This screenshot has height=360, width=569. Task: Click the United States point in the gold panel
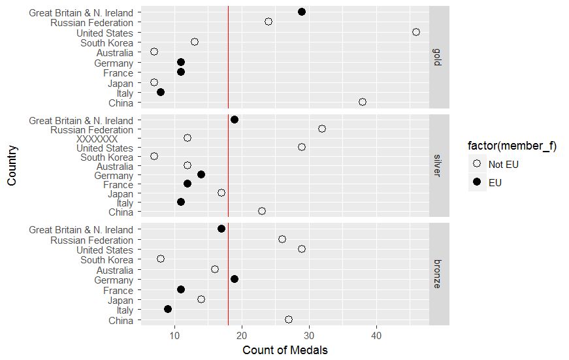click(x=416, y=32)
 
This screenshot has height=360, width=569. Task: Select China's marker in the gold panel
click(x=363, y=102)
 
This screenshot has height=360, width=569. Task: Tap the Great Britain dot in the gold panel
click(x=302, y=12)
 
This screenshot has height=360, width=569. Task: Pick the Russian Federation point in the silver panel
click(x=322, y=129)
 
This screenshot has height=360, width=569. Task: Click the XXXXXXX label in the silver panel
click(x=97, y=139)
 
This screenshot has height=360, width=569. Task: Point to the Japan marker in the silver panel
click(x=221, y=193)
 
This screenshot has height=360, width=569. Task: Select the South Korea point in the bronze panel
click(x=161, y=259)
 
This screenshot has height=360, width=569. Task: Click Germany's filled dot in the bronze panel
click(x=235, y=279)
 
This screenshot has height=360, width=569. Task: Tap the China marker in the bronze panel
click(x=289, y=319)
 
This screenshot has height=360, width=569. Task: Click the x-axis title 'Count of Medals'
click(x=285, y=350)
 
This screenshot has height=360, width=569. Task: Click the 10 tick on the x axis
click(x=174, y=336)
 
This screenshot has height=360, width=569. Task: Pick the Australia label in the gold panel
click(x=114, y=53)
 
